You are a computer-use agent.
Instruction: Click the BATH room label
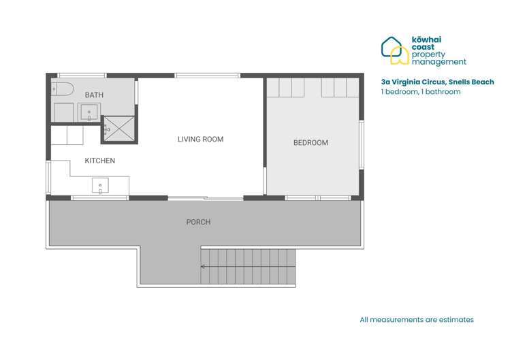tap(94, 95)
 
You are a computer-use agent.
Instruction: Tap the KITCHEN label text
tap(99, 161)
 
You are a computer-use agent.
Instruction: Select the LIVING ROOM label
tap(200, 140)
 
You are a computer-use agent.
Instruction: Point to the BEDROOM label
tap(310, 143)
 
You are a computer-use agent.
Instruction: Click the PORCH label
tap(198, 222)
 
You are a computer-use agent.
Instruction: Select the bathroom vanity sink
tap(89, 112)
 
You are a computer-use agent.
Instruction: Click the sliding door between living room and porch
tap(206, 198)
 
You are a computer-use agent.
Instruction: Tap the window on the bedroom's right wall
tap(362, 144)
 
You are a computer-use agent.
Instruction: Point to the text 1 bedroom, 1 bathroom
tap(421, 92)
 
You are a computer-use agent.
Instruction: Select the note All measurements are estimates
tap(417, 319)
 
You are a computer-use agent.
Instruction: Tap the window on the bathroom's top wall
tap(82, 75)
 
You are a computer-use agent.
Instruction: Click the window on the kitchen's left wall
tap(48, 177)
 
